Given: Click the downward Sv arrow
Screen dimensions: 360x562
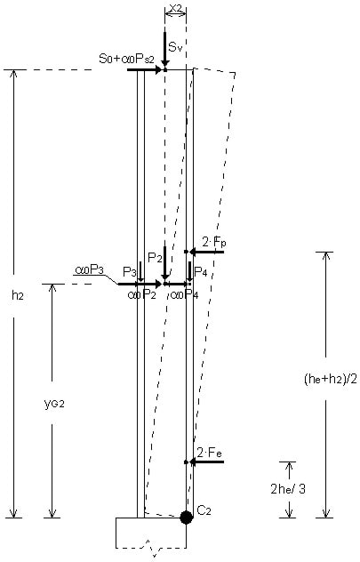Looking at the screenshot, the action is [164, 51].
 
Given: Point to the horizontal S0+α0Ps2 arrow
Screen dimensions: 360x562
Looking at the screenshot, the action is [145, 69].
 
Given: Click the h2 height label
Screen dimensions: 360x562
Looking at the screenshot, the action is [18, 296].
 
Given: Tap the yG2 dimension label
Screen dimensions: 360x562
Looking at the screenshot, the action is [54, 404].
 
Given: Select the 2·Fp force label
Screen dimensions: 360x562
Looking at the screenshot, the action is [214, 243].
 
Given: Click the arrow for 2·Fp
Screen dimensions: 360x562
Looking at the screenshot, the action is [207, 253].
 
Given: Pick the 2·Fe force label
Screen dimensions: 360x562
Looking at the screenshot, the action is [210, 453].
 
